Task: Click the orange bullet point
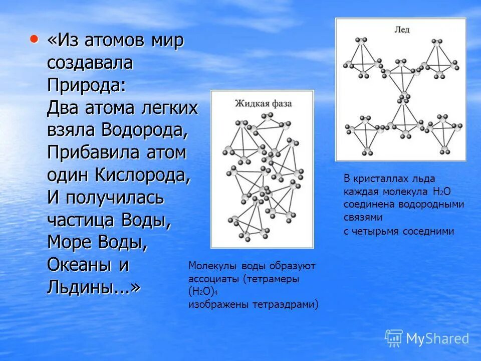point(34,39)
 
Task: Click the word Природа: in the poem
point(87,85)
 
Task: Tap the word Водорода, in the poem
point(145,130)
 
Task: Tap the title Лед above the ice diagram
point(402,30)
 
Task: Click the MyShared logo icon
point(394,338)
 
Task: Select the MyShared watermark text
point(437,339)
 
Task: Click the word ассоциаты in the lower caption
point(214,279)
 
